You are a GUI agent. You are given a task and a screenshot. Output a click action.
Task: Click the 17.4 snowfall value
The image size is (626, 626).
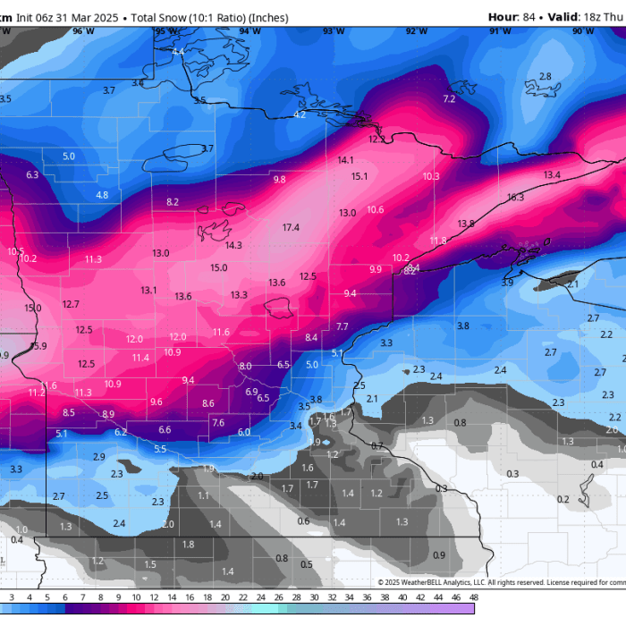coord(291,228)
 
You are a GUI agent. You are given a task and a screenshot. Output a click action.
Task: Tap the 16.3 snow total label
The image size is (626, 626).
coord(515,198)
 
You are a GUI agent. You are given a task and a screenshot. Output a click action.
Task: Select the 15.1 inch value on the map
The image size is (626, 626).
coord(360,177)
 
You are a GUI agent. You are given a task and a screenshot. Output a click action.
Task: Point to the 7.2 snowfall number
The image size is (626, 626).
coord(449,98)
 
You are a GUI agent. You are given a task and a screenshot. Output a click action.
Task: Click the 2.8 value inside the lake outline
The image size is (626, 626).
coord(546,77)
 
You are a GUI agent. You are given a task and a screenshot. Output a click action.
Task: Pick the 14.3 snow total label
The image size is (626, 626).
coord(233,245)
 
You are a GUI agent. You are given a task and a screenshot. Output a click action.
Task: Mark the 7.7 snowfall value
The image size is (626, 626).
coord(343,326)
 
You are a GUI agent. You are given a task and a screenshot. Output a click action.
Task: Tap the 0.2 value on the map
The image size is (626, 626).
coord(563,499)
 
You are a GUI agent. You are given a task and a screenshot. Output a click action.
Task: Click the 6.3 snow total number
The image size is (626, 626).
coord(33,175)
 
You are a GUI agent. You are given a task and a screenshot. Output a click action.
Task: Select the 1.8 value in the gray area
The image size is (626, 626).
coord(188,544)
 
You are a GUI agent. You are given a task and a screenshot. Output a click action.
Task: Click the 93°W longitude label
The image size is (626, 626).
coord(334,30)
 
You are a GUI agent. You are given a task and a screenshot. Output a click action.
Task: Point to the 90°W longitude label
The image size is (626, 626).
coord(582,30)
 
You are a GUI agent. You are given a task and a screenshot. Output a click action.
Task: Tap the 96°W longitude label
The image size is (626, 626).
coord(83,30)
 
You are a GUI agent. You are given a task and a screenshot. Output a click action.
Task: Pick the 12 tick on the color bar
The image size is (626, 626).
coord(136,596)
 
